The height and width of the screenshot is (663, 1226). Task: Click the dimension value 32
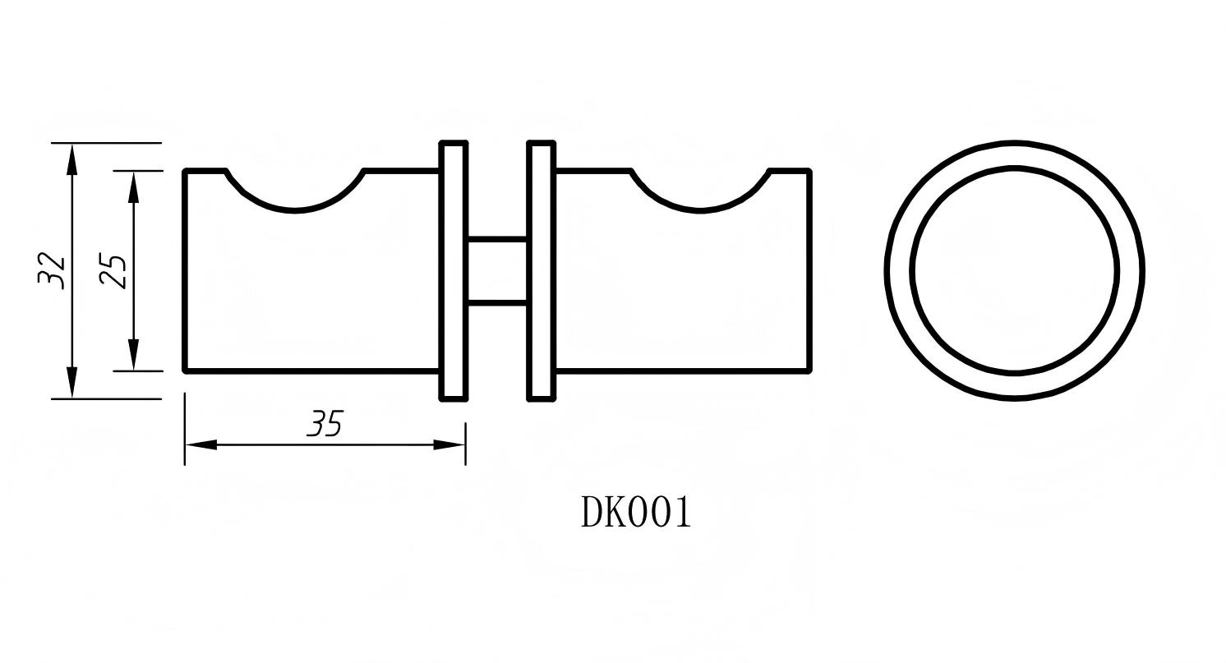[x=51, y=269]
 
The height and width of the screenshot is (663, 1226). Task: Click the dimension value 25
[x=113, y=271]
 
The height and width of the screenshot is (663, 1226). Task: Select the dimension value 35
[x=325, y=424]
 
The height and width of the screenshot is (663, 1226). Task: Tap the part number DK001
[x=636, y=512]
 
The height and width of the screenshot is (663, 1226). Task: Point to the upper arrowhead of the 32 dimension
[x=72, y=158]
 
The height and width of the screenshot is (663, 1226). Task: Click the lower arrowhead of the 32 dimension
[x=72, y=384]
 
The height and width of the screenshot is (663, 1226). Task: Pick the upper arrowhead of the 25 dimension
[x=134, y=186]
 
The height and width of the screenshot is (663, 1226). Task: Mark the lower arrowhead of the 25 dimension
[x=134, y=356]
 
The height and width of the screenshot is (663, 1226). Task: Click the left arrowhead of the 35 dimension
[x=200, y=444]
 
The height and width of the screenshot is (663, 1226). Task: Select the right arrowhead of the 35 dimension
[x=449, y=444]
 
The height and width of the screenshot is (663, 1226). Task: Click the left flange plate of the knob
[x=454, y=271]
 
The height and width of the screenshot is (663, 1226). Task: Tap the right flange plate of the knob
[x=541, y=271]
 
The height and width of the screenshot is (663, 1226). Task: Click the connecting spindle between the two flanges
[x=497, y=272]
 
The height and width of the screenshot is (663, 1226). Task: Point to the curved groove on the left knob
[x=295, y=201]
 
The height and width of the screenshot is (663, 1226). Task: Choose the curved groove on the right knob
[x=700, y=201]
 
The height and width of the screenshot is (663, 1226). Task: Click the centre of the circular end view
[x=1015, y=271]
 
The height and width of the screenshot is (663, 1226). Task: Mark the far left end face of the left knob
[x=186, y=271]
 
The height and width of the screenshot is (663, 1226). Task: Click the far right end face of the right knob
[x=810, y=271]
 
